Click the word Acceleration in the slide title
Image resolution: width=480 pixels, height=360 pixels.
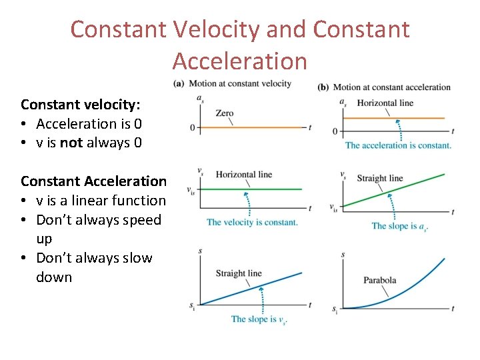pos(239,61)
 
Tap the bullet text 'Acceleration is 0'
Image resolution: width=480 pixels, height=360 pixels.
pos(89,123)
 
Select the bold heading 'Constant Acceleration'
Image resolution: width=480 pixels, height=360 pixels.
pos(93,181)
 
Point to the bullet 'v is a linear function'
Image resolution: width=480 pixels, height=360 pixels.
pos(101,200)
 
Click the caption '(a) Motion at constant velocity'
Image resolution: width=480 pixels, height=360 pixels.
pos(233,84)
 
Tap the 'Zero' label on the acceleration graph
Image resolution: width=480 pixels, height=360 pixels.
pos(225,113)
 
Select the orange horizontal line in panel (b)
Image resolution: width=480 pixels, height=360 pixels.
pos(413,118)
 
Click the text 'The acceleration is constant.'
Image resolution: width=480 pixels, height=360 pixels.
pos(397,145)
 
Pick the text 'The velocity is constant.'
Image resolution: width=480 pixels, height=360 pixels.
pos(252,222)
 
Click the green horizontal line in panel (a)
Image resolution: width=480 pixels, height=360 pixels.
pos(267,189)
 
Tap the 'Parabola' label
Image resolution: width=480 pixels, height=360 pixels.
pos(379,280)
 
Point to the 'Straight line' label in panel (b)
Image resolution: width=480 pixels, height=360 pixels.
pos(380,178)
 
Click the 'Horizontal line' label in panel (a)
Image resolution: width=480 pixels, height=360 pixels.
pos(244,175)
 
